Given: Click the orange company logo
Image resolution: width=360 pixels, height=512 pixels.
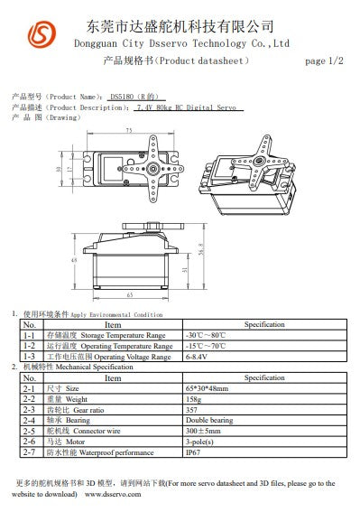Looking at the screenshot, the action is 41,35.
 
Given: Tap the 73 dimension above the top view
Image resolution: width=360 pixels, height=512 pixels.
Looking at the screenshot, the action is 128,131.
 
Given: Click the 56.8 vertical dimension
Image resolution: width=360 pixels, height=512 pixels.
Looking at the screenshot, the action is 200,249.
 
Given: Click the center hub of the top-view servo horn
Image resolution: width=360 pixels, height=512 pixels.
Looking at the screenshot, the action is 154,167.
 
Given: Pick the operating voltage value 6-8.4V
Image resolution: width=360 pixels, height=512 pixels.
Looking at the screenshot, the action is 198,356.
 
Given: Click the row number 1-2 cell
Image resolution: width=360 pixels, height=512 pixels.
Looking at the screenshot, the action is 29,345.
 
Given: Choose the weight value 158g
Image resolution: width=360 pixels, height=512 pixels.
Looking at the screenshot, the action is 193,398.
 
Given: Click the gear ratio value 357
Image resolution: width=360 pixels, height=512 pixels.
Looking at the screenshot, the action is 191,409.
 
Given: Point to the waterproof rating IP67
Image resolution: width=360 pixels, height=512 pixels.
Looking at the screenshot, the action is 193,452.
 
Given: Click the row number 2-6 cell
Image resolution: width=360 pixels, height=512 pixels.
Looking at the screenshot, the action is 29,442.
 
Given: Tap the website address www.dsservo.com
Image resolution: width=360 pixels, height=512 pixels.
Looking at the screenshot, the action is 112,495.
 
